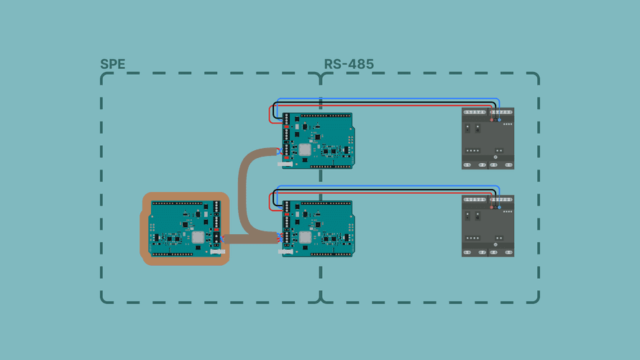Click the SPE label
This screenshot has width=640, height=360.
click(x=112, y=64)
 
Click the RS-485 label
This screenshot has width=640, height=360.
click(x=349, y=64)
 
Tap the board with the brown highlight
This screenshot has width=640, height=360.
click(x=186, y=229)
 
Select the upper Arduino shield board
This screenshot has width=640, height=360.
click(x=318, y=140)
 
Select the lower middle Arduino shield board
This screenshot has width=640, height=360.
click(x=318, y=229)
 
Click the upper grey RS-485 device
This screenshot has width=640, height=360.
click(x=488, y=138)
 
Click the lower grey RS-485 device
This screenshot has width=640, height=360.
click(x=488, y=226)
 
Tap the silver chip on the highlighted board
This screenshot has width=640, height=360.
click(x=198, y=237)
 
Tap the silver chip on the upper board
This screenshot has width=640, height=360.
click(x=305, y=149)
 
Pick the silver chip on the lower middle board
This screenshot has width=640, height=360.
click(x=305, y=237)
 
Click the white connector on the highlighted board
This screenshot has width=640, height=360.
click(x=218, y=251)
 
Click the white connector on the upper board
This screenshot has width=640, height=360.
click(x=285, y=165)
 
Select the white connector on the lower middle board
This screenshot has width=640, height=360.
click(x=285, y=252)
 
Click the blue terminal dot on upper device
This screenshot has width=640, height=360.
click(x=500, y=120)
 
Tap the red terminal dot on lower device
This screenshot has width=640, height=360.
click(x=492, y=208)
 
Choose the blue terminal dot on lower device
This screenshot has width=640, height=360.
click(x=500, y=208)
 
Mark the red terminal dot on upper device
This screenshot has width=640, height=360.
click(x=492, y=120)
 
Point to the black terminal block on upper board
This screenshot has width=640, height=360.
click(x=286, y=133)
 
